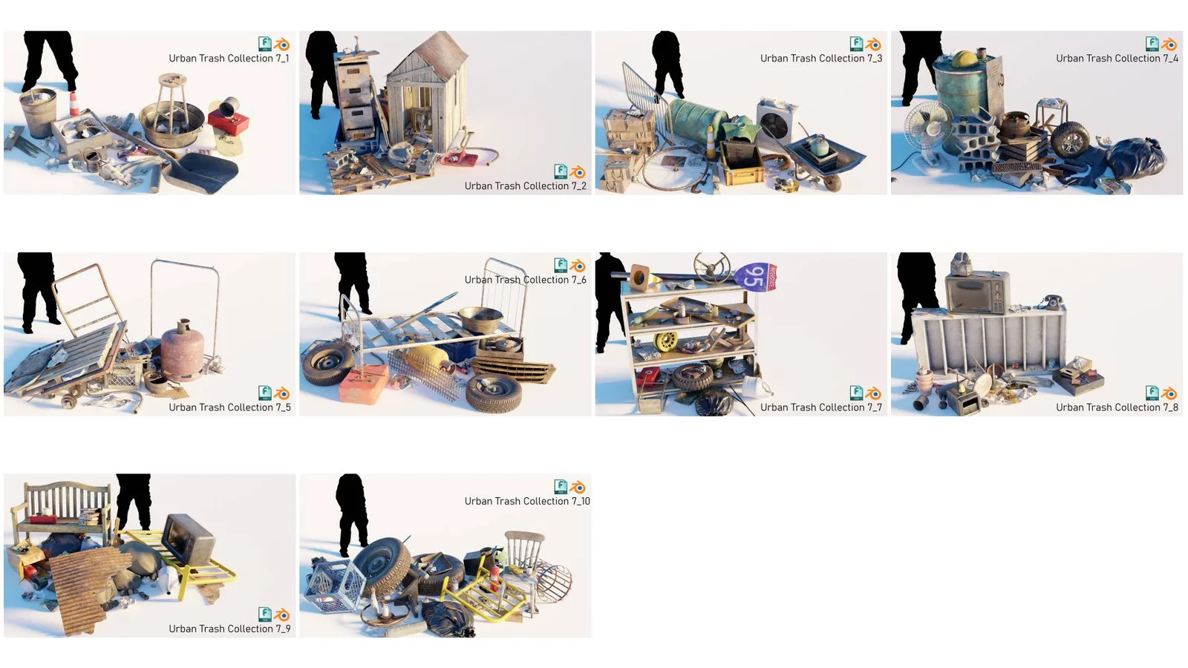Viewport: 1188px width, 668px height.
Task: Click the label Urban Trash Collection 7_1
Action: tap(229, 59)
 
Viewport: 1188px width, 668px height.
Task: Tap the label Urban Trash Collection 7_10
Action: tap(527, 502)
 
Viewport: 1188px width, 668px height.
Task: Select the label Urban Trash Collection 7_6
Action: tap(525, 280)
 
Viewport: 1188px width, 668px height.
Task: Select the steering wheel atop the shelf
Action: tap(712, 266)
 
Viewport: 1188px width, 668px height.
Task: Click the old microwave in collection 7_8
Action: tap(978, 292)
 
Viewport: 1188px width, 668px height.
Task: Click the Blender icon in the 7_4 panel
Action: tap(1169, 45)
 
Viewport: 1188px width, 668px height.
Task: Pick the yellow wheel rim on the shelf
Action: tap(666, 341)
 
